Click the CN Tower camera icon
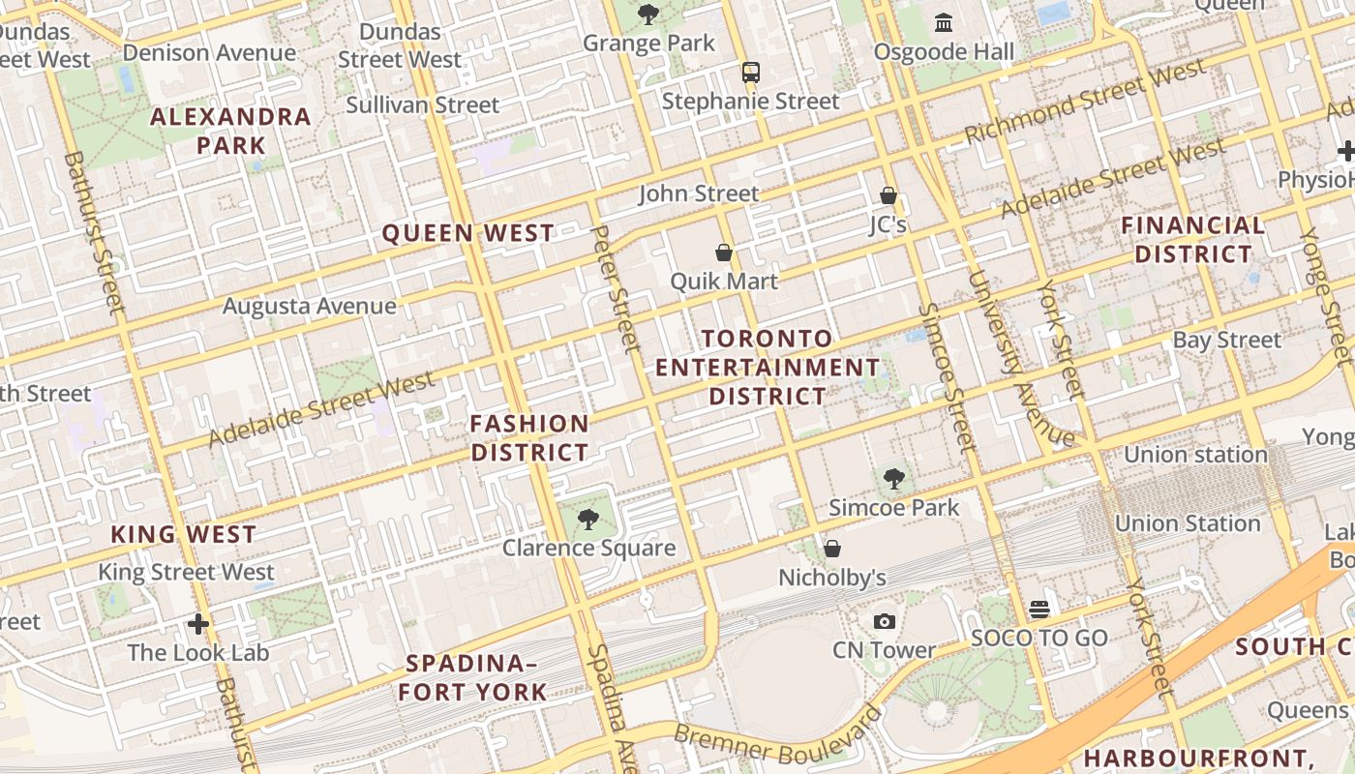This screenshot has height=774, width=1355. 884,622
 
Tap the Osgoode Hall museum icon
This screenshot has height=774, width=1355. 943,22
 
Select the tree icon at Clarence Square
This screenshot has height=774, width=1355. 587,520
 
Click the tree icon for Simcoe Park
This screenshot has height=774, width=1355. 894,478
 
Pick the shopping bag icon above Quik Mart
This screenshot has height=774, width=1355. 723,253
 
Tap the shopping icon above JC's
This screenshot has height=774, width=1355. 888,196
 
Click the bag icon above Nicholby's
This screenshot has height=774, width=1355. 831,550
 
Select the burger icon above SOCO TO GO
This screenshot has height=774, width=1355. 1039,610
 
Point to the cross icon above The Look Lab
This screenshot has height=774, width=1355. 198,624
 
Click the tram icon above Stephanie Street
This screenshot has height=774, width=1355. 750,73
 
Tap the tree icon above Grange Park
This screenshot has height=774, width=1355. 647,15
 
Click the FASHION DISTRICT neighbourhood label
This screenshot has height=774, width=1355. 529,438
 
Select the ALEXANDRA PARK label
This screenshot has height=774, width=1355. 231,132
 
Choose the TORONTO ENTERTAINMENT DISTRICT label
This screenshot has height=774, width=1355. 768,368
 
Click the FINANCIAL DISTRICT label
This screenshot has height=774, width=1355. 1193,240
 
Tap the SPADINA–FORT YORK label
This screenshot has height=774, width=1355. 472,678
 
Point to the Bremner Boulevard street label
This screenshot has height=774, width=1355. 778,739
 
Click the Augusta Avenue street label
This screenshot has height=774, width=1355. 310,307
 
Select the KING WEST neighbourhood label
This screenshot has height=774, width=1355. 183,534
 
